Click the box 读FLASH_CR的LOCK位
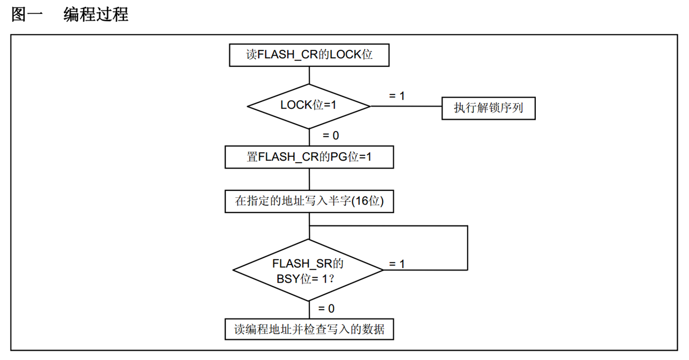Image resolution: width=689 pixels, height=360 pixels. tap(309, 55)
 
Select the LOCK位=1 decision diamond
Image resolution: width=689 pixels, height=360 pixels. tap(309, 106)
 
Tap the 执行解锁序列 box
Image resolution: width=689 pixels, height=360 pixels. tap(488, 108)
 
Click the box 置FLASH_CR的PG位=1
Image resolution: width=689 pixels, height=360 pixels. tap(309, 157)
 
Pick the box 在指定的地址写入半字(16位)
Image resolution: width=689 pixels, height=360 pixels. tap(309, 201)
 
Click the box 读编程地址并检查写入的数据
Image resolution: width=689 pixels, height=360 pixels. tap(309, 329)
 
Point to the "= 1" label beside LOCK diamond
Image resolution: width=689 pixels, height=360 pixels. tap(396, 96)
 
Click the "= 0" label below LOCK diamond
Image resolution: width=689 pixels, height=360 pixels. tap(331, 136)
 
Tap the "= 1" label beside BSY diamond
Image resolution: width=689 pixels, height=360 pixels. tap(396, 264)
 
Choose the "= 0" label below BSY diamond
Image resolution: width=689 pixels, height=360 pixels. tap(326, 308)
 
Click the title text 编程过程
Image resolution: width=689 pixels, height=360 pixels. tap(96, 14)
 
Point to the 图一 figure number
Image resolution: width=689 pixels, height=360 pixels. tap(26, 14)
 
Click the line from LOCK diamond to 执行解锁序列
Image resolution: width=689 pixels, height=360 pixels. tap(405, 106)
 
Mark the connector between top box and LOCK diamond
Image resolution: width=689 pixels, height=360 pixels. tap(309, 75)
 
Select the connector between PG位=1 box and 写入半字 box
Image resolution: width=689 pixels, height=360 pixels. tap(309, 179)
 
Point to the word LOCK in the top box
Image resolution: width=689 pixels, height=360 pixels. tap(345, 55)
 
